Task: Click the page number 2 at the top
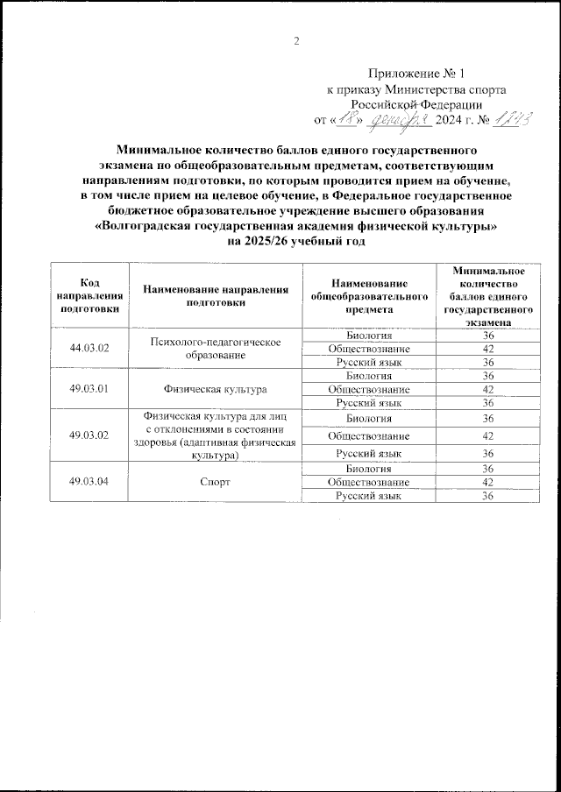tap(296, 41)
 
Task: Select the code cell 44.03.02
tap(89, 348)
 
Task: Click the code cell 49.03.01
tap(89, 389)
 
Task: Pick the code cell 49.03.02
tap(89, 436)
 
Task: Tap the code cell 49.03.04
tap(89, 482)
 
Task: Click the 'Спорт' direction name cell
tap(217, 482)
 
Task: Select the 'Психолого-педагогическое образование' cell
tap(217, 348)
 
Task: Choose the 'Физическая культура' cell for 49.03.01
tap(217, 389)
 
